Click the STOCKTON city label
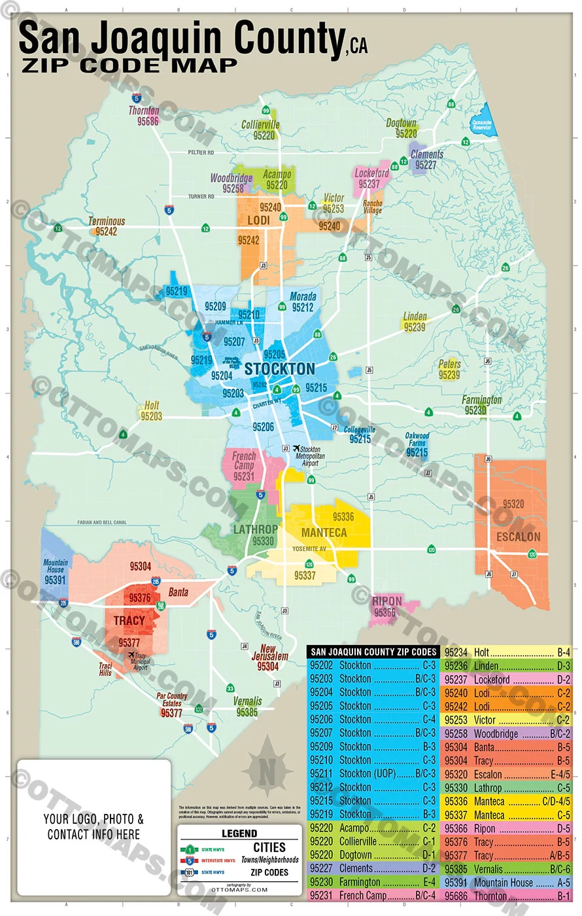pyautogui.click(x=280, y=368)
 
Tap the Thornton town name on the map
pyautogui.click(x=144, y=111)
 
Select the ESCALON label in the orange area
pyautogui.click(x=519, y=537)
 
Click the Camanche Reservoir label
pyautogui.click(x=482, y=125)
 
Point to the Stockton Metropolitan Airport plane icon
pyautogui.click(x=296, y=449)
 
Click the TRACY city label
pyautogui.click(x=129, y=620)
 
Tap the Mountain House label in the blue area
pyautogui.click(x=56, y=566)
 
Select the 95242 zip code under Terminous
pyautogui.click(x=107, y=232)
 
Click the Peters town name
pyautogui.click(x=450, y=364)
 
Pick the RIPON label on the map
pyautogui.click(x=387, y=601)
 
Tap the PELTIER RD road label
pyautogui.click(x=201, y=152)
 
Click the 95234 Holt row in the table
pyautogui.click(x=507, y=652)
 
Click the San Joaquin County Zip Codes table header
pyautogui.click(x=373, y=652)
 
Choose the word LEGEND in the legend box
pyautogui.click(x=239, y=833)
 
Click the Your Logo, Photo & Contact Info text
pyautogui.click(x=94, y=826)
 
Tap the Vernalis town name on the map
pyautogui.click(x=247, y=701)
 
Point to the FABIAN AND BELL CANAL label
pyautogui.click(x=102, y=523)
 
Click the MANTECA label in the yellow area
pyautogui.click(x=324, y=533)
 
